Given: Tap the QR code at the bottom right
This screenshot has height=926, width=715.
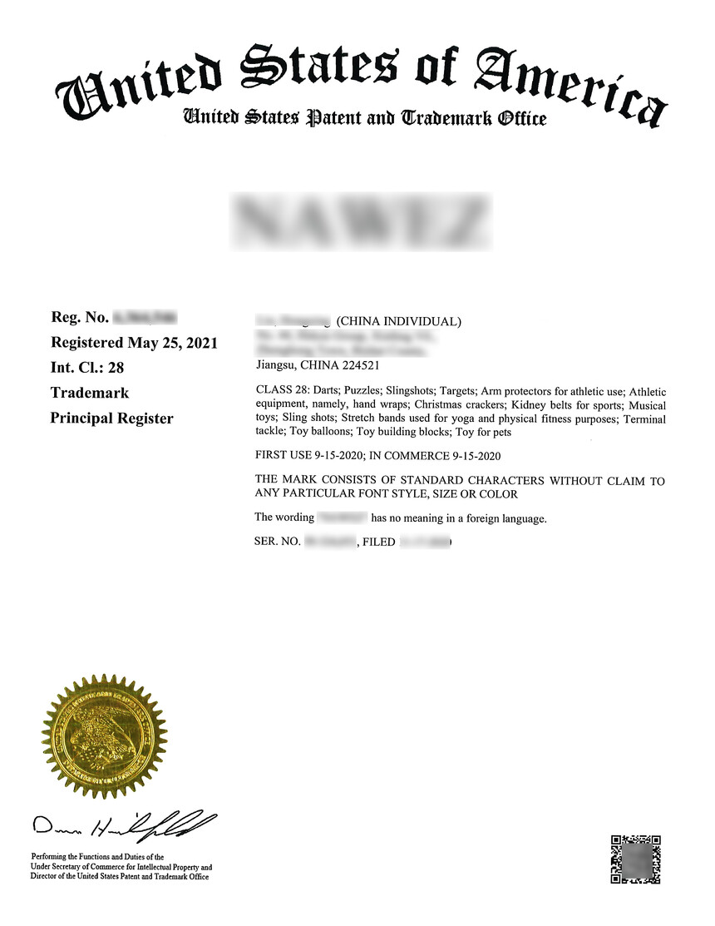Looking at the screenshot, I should click(636, 859).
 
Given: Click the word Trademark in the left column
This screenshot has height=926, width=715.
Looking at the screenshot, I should click(90, 393).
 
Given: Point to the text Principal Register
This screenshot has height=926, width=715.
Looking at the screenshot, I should click(111, 418).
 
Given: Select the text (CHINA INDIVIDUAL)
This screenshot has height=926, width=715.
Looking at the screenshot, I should click(398, 322).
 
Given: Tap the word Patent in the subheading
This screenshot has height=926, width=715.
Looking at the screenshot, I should click(333, 118).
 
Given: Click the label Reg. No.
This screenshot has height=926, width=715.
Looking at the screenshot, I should click(80, 317).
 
